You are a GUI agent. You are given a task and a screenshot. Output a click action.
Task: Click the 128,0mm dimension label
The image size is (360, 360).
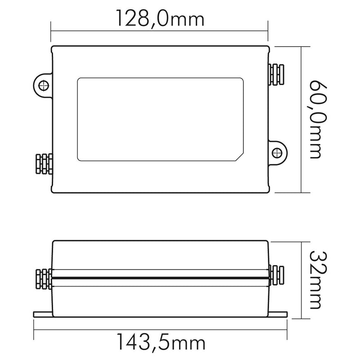[160, 19]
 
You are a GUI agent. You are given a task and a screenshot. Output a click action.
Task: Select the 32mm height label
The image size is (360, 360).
[316, 280]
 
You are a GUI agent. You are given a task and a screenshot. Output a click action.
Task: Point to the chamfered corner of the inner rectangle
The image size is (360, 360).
[239, 157]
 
